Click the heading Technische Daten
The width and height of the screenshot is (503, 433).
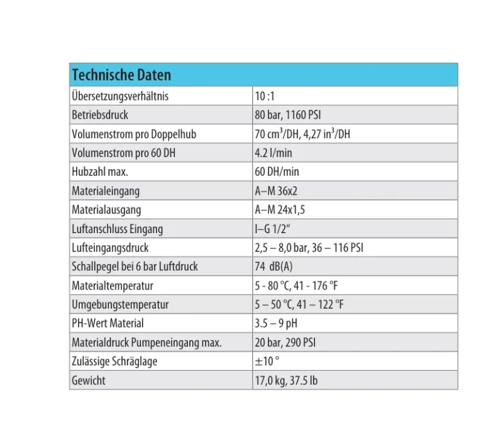tap(121, 75)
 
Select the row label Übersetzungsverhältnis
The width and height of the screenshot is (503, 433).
tap(120, 96)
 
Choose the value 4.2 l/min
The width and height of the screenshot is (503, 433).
tap(274, 153)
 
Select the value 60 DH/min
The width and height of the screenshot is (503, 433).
tap(277, 172)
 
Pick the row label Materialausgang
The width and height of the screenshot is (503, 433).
tap(106, 210)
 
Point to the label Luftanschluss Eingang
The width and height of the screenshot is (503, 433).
tap(118, 229)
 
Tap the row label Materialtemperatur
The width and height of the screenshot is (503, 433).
tap(113, 286)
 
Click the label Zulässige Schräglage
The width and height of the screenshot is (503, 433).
tap(114, 361)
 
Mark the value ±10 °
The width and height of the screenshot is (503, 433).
tap(267, 361)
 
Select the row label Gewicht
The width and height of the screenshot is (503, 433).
tap(89, 380)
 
